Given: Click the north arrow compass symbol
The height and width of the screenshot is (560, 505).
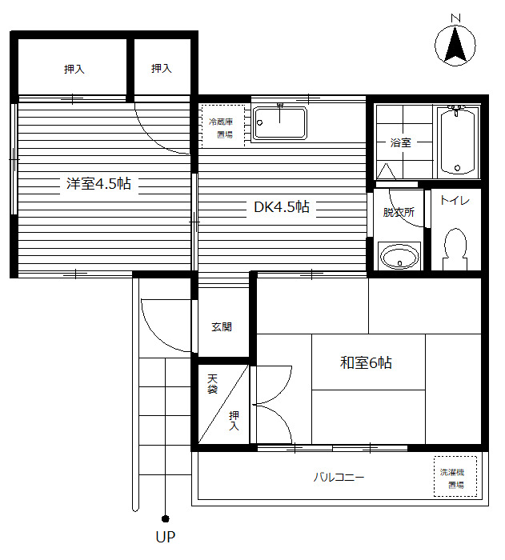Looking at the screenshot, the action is [x=455, y=46].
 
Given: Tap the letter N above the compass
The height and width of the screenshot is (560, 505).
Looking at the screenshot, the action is [x=455, y=18].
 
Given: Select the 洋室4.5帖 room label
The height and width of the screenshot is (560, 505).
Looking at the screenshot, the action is [x=98, y=183].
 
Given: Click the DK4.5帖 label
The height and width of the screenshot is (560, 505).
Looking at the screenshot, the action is [x=281, y=206].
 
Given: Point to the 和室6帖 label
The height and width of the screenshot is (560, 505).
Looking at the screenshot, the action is [x=366, y=363].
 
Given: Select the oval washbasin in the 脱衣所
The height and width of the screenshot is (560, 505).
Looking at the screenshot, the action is [x=399, y=257].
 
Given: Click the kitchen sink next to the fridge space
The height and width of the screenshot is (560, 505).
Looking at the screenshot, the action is [x=280, y=123].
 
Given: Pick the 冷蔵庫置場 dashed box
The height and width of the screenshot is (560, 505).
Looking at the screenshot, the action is [x=223, y=126].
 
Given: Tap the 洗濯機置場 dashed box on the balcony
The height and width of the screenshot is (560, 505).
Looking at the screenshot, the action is [x=455, y=477].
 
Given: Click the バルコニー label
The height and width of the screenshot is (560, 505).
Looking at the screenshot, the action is [x=339, y=477].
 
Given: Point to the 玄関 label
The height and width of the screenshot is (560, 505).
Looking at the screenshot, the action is [x=222, y=326].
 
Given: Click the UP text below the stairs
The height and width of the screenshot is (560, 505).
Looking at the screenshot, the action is [x=166, y=537].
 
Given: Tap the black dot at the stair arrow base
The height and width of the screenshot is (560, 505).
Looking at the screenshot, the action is [x=165, y=518].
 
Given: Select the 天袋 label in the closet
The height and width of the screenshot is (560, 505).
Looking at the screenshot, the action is [x=212, y=383].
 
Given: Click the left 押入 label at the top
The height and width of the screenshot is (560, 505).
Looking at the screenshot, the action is [x=74, y=69].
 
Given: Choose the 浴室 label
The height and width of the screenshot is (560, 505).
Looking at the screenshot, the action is [x=401, y=143].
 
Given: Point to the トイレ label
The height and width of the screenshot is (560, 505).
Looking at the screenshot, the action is [x=455, y=200].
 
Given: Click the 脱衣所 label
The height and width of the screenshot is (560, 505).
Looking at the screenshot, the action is [x=399, y=213].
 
